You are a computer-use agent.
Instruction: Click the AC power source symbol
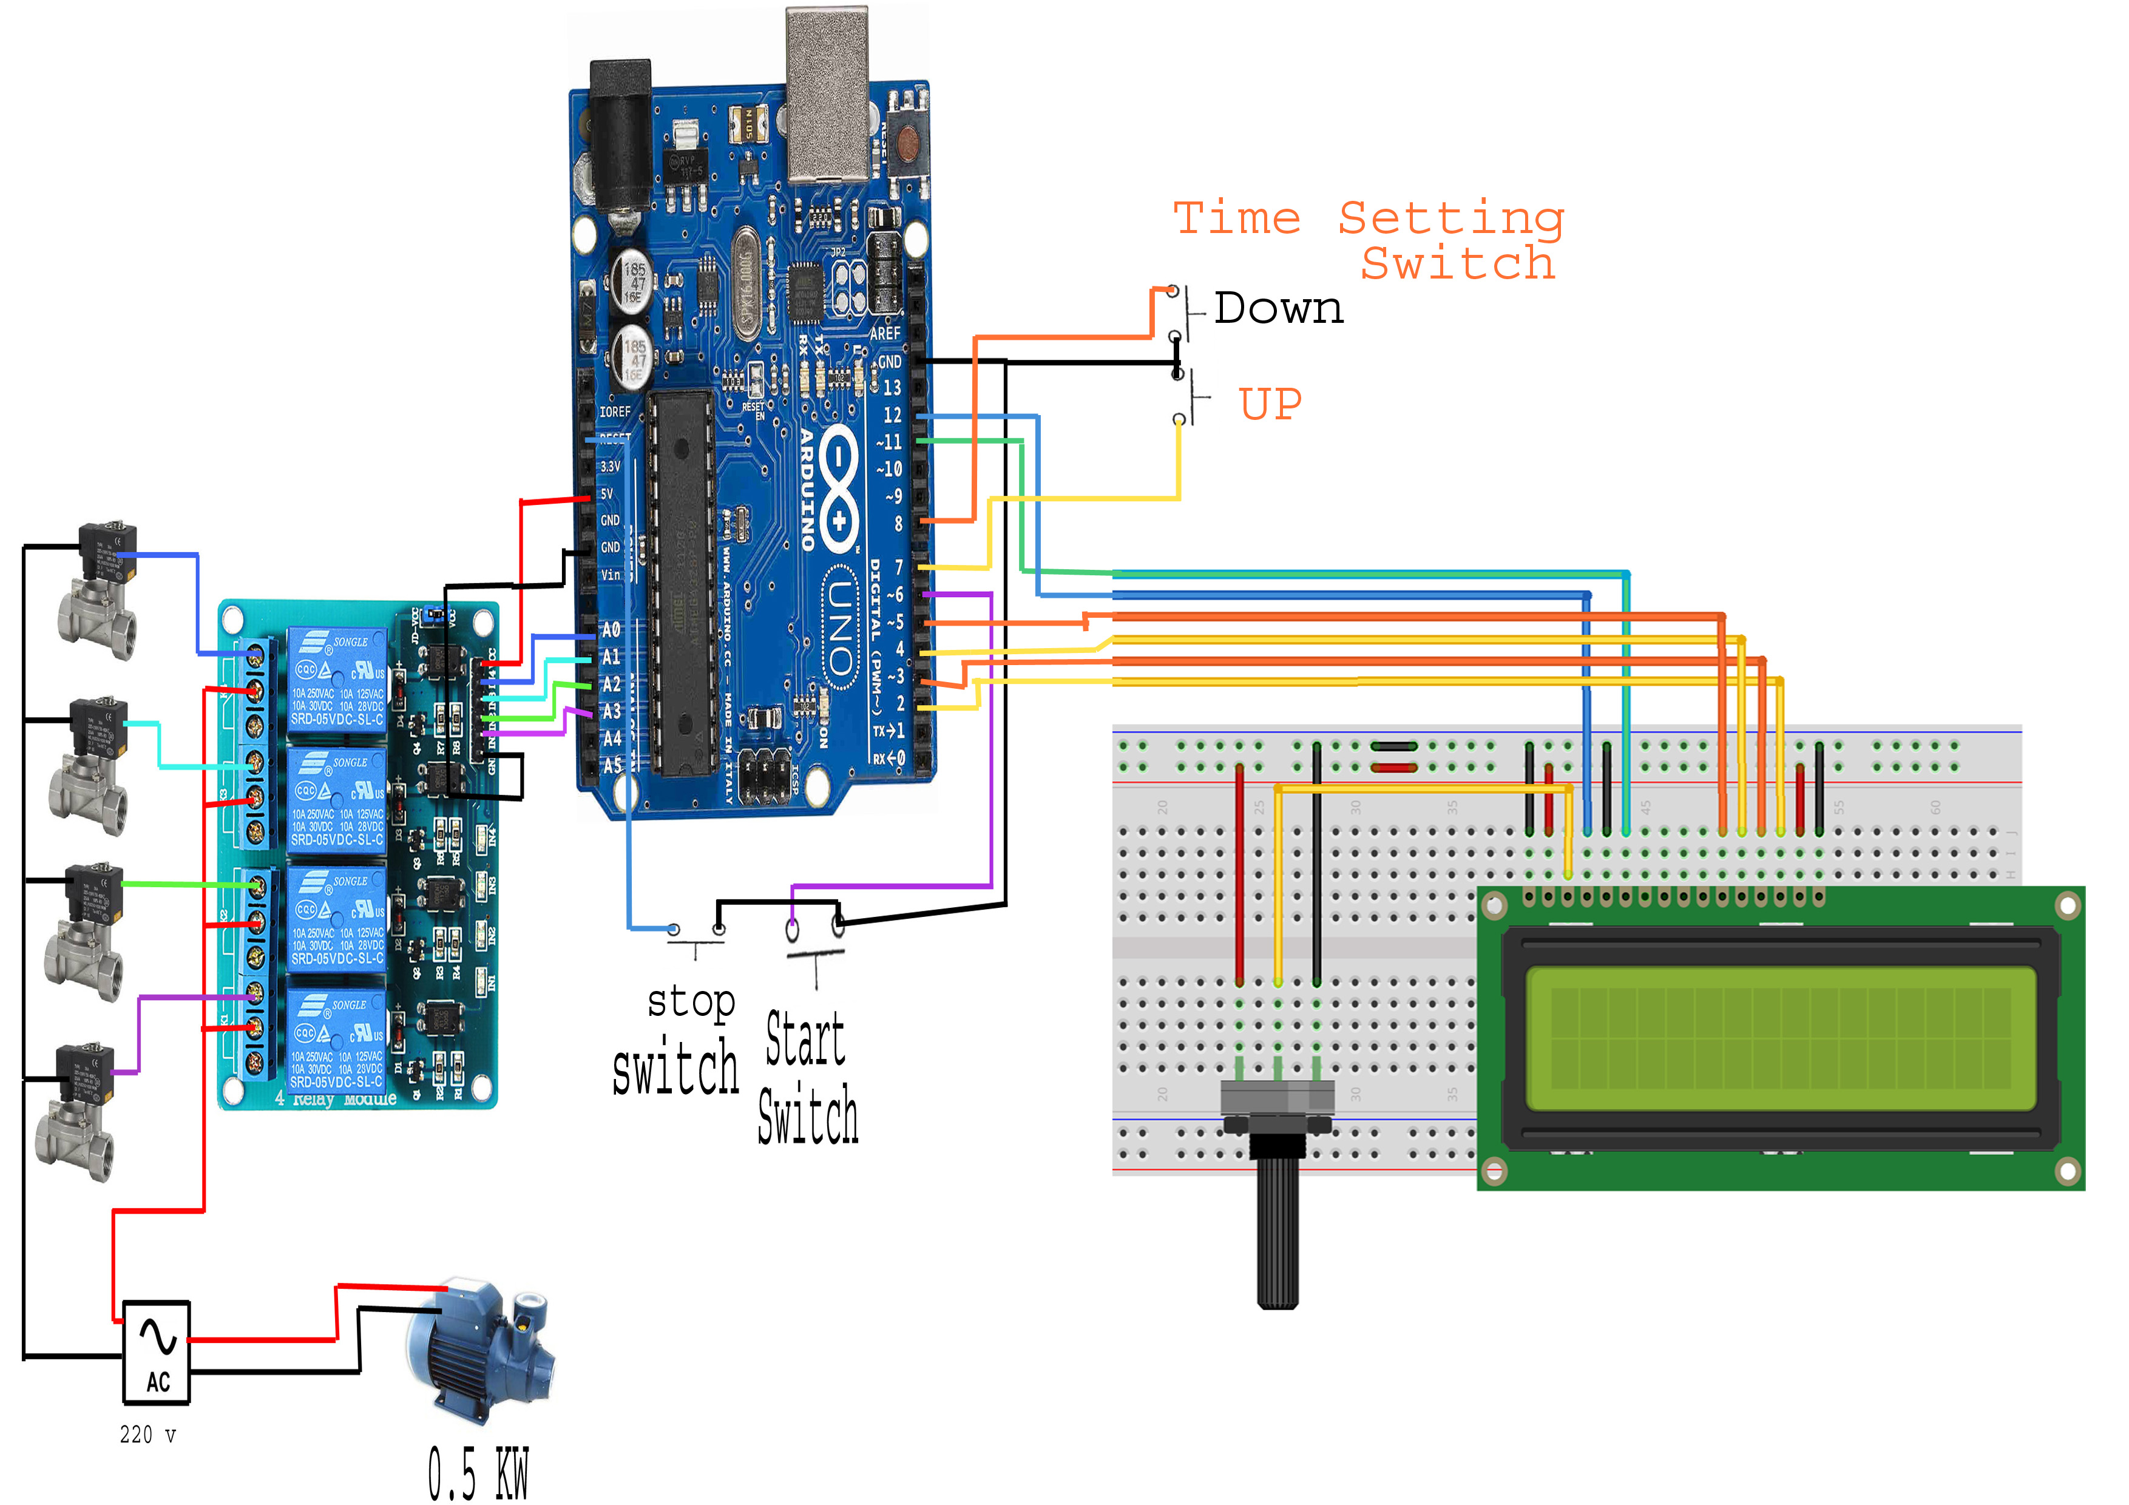(x=157, y=1351)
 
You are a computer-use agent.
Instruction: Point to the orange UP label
(x=1270, y=404)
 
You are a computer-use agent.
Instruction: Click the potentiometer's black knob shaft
(x=1277, y=1224)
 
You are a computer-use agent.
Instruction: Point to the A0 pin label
(x=610, y=631)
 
